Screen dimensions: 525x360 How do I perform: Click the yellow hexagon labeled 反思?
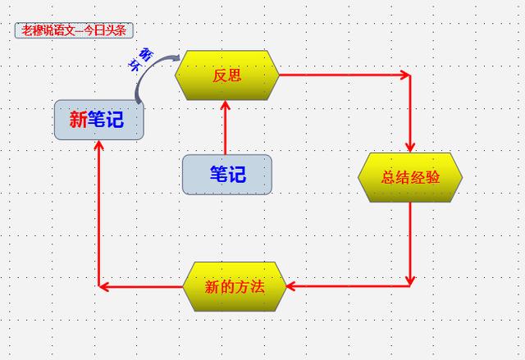(227, 75)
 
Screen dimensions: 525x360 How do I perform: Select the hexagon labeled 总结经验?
(410, 177)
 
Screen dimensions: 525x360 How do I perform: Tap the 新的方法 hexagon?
(235, 287)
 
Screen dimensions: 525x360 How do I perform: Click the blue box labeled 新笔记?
(99, 120)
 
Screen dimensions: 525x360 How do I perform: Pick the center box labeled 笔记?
(227, 175)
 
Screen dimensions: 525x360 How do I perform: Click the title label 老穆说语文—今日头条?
(74, 30)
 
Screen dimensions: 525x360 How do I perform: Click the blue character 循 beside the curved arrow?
(145, 53)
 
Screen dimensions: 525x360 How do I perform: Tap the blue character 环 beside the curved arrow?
(135, 65)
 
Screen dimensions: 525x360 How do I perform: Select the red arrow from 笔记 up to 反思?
(225, 127)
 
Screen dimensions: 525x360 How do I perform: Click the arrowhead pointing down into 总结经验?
(410, 148)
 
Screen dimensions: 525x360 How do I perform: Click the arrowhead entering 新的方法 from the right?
(290, 286)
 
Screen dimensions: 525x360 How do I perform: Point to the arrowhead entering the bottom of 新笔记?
(98, 145)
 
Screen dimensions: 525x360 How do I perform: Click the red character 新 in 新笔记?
(79, 120)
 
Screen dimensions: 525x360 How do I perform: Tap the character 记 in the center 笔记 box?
(237, 175)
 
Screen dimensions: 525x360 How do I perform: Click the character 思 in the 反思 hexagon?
(235, 75)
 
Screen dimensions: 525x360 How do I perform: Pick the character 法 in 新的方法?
(257, 287)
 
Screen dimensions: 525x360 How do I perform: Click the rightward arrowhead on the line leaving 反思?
(406, 75)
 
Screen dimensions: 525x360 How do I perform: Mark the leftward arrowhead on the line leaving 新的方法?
(104, 287)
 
